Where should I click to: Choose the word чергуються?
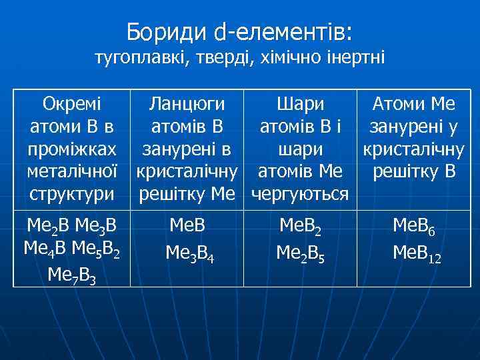300,194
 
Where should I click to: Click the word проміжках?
71,149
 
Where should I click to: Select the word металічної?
71,172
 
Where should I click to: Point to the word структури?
71,194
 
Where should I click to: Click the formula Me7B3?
71,273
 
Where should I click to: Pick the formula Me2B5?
300,253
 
